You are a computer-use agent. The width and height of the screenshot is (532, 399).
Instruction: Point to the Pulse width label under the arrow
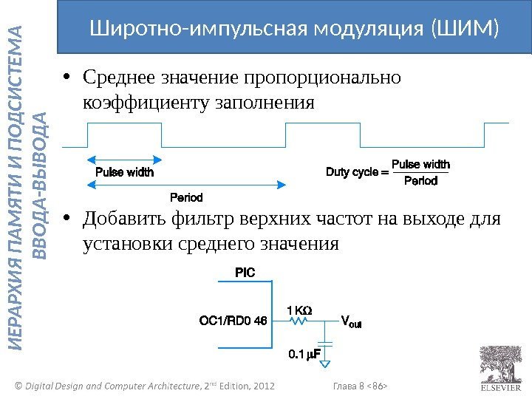(125, 172)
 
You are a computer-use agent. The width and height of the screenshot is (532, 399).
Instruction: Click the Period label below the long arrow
(186, 198)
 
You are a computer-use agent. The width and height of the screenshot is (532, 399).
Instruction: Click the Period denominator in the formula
(420, 181)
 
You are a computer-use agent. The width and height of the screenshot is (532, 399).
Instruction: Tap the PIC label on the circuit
(245, 273)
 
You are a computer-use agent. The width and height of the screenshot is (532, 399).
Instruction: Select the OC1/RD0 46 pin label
(233, 321)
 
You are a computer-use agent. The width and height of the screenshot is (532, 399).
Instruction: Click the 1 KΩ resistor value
(299, 310)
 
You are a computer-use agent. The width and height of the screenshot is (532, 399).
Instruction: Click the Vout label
(350, 321)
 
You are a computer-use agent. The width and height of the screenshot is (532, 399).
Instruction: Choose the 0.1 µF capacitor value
(303, 355)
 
